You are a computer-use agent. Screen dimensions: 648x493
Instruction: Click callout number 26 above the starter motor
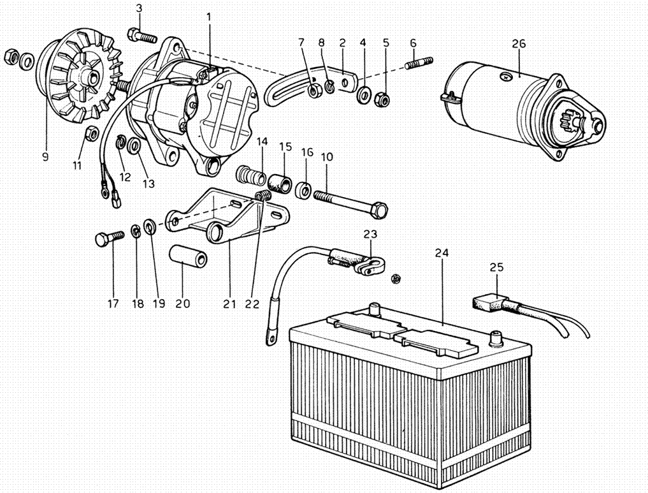pos(519,43)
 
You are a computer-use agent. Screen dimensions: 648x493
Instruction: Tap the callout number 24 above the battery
pos(442,253)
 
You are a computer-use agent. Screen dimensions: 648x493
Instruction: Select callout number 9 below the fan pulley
pos(45,157)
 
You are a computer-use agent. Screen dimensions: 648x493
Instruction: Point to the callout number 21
pos(229,304)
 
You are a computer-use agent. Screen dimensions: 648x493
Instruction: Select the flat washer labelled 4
pos(364,95)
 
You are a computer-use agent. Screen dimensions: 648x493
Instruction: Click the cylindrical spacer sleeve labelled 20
pos(188,256)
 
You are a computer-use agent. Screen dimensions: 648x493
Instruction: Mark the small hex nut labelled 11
pos(91,133)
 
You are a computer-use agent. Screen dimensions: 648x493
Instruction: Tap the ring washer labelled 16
pos(304,189)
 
